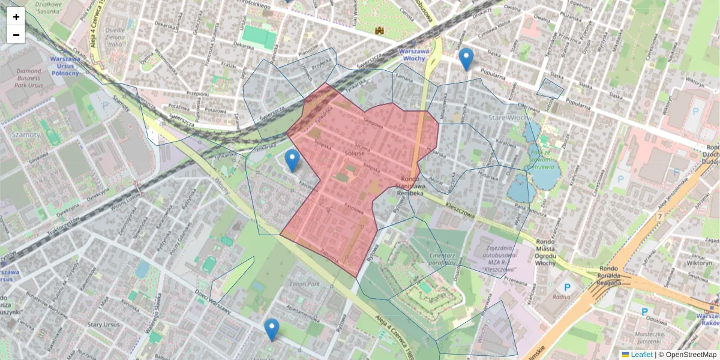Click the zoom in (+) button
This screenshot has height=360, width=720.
(16, 17)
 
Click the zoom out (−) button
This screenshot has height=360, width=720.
(16, 35)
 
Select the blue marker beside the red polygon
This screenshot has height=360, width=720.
(292, 161)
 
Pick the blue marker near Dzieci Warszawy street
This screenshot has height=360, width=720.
(272, 329)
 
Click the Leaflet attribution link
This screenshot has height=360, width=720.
(641, 355)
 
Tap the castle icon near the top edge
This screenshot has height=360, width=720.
(380, 29)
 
